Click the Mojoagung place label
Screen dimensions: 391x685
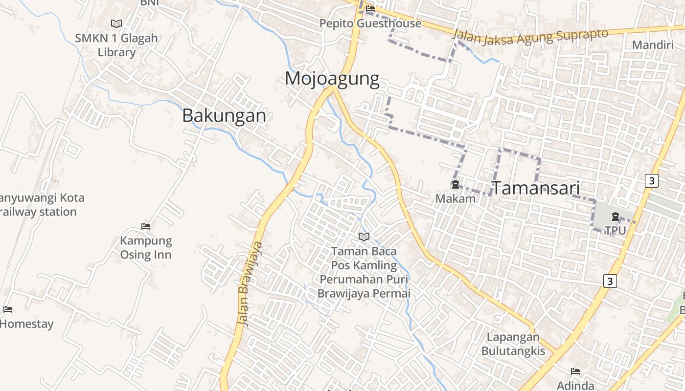pos(332,79)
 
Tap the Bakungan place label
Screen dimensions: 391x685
pos(224,115)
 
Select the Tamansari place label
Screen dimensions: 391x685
pos(535,188)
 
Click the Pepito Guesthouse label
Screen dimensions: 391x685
pos(370,23)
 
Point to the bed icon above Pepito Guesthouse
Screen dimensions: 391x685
pos(370,8)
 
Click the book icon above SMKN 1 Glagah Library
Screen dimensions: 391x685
pos(116,23)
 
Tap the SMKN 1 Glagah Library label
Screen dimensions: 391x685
pos(116,45)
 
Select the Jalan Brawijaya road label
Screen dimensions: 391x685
pos(250,283)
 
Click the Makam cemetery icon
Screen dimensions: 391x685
pos(456,184)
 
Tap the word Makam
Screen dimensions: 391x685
pos(456,198)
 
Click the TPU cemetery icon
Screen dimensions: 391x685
pos(616,216)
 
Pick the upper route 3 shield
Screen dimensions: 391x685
pos(651,180)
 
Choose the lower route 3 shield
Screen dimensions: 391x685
pos(610,281)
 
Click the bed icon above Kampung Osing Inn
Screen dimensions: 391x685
pos(146,226)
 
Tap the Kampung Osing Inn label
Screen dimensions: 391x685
pos(146,248)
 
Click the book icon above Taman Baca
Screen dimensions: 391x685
pos(364,237)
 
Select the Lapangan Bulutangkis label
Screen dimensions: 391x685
pos(513,344)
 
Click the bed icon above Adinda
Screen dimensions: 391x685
pos(575,371)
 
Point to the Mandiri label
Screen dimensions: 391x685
pos(653,45)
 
